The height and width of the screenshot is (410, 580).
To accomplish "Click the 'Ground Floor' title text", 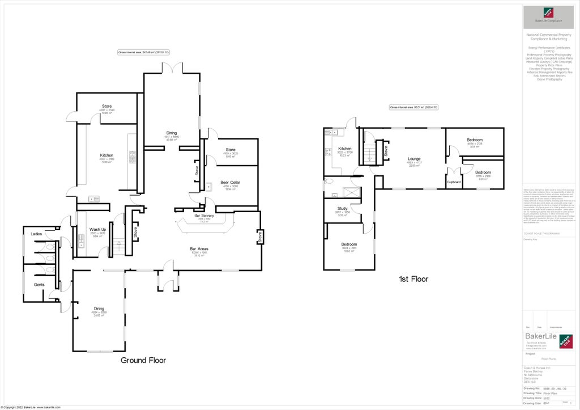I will pos(143,360).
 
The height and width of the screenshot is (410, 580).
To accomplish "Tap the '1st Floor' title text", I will pos(414,279).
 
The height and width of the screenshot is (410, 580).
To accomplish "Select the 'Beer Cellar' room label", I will pos(231,183).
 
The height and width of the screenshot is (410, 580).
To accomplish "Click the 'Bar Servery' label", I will pos(204,216).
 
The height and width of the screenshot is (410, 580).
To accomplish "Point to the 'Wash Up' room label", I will pos(98,230).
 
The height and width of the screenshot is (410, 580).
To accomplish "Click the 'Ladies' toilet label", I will pos(36,234).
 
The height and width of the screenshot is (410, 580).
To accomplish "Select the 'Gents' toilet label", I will pos(39,284).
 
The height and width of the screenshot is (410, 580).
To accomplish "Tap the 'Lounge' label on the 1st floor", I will pos(414,159).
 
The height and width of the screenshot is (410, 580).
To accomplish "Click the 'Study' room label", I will pos(342,208).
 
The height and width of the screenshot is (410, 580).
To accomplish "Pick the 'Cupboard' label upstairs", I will pos(454,182).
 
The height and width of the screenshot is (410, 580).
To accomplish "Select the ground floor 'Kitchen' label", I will pos(106,155).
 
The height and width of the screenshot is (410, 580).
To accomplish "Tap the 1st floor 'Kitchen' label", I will pos(346,148).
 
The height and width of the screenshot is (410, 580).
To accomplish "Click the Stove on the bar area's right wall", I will pos(259,236).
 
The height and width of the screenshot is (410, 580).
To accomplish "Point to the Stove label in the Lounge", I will pos(386,151).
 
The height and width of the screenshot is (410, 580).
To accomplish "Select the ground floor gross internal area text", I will pos(144,52).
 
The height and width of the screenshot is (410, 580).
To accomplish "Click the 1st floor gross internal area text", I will pos(414,107).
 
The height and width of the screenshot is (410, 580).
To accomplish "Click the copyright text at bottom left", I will pos(31,407).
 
